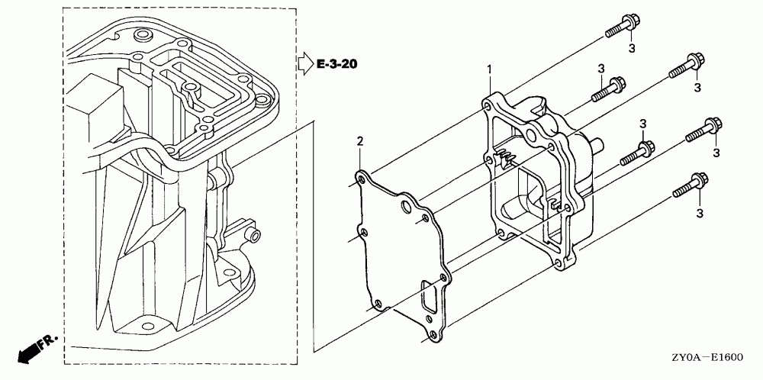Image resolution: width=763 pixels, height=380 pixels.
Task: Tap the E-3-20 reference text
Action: point(336,63)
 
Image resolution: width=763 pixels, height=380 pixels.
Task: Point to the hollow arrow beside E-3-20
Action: point(304,62)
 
